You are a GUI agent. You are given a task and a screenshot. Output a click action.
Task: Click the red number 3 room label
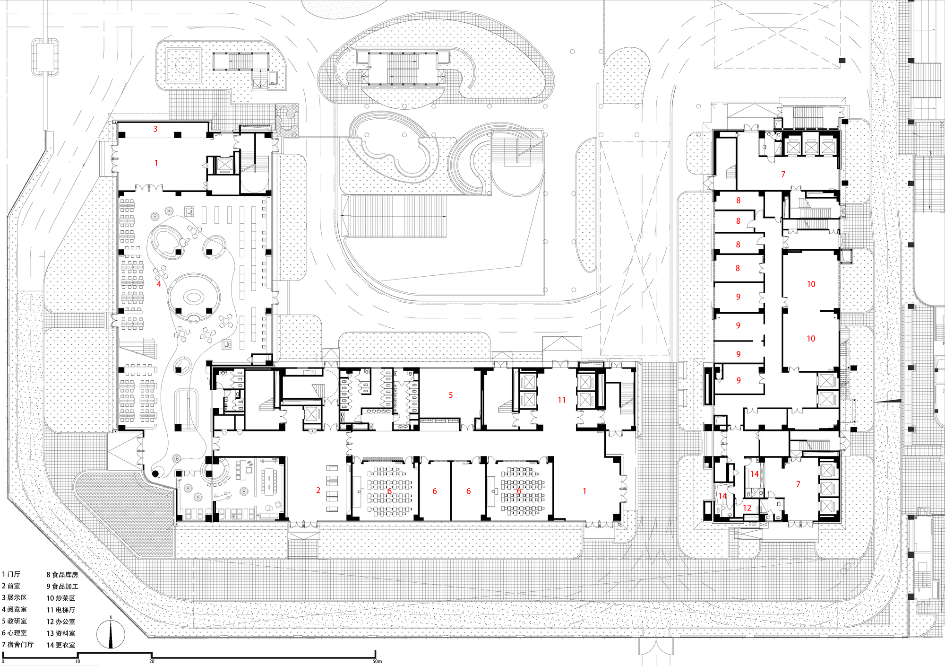(x=155, y=129)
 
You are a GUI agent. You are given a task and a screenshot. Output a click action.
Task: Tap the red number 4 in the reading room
(x=159, y=284)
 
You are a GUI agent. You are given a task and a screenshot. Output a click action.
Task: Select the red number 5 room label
(x=451, y=395)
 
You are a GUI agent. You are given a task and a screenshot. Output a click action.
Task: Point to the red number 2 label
(x=318, y=491)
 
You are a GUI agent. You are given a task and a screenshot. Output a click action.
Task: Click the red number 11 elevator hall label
(x=561, y=400)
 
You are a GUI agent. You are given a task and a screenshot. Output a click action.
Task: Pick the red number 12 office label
(x=747, y=508)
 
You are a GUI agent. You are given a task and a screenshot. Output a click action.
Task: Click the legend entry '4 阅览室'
(x=14, y=609)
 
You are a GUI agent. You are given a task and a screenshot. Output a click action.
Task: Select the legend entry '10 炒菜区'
(x=60, y=598)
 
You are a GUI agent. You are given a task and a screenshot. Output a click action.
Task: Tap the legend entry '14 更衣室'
(x=60, y=645)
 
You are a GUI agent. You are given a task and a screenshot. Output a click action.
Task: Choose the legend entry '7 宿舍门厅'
(x=17, y=644)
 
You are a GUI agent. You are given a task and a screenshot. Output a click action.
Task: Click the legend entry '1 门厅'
(x=11, y=574)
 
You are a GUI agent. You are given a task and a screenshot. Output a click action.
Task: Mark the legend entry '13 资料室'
(x=60, y=633)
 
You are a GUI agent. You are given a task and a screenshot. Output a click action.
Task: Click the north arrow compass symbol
(x=111, y=635)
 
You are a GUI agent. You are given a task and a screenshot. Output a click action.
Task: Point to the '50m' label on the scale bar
(x=377, y=661)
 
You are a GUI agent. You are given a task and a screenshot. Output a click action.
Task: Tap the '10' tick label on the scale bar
(x=77, y=661)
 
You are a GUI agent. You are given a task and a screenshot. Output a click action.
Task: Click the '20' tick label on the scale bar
(x=152, y=661)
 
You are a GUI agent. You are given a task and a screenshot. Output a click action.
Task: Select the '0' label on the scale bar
(x=3, y=661)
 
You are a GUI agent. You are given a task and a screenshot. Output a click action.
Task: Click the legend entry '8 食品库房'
(x=62, y=575)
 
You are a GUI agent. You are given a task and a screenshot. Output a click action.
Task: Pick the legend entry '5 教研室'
(x=14, y=621)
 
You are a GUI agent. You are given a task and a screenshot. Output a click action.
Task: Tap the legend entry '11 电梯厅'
(x=60, y=610)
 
